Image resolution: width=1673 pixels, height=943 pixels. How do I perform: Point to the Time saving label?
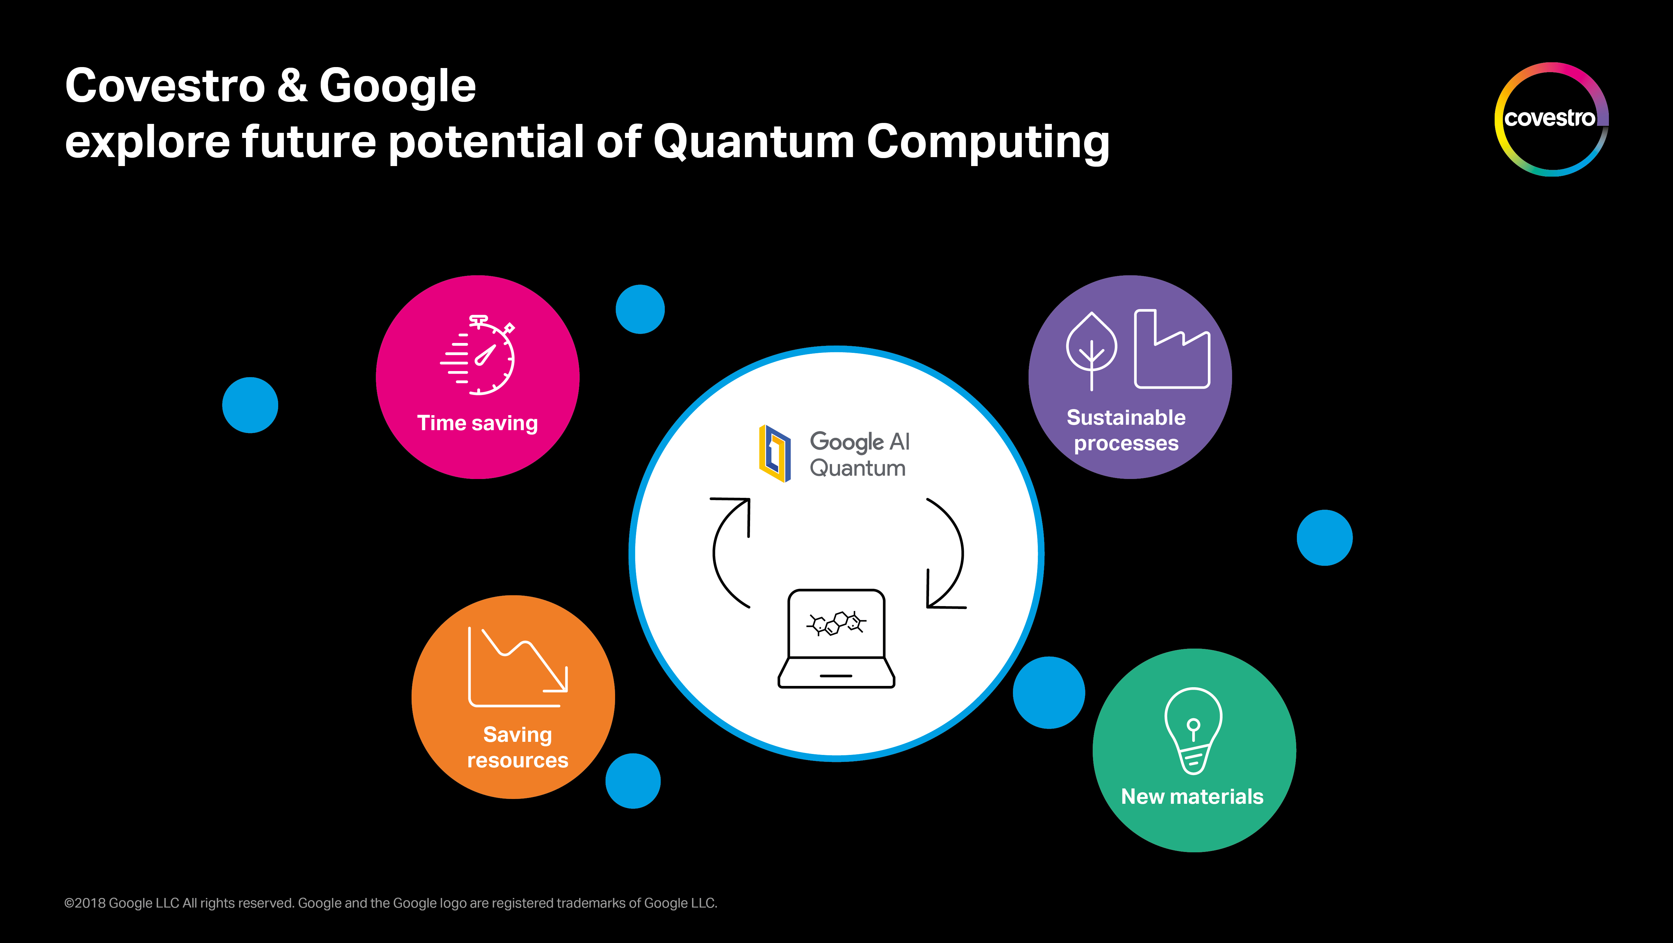[x=477, y=423]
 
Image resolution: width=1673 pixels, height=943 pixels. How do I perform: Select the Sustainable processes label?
[x=1126, y=430]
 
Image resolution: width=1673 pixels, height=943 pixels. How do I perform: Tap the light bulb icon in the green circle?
[x=1194, y=731]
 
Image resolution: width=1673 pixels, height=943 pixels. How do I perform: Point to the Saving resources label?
[x=517, y=747]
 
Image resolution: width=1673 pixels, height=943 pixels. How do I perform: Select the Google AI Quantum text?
[x=859, y=454]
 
